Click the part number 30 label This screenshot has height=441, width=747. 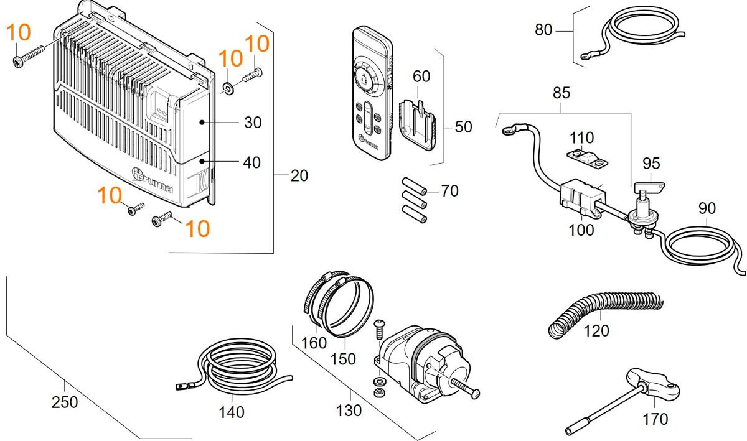[x=253, y=123]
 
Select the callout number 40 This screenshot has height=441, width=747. [x=251, y=163]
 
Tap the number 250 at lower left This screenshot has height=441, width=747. [x=65, y=402]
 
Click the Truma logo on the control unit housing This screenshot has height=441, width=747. [x=152, y=180]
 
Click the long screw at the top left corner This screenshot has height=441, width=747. [x=29, y=56]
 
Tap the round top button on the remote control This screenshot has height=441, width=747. [x=363, y=78]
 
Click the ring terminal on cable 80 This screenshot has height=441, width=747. [x=586, y=55]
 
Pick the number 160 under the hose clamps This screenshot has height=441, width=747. [x=314, y=343]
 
